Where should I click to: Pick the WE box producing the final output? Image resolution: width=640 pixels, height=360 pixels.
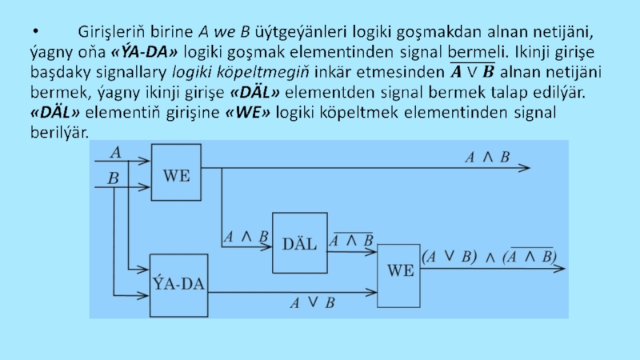point(400,270)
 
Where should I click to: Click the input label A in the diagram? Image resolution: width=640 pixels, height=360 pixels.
point(115,151)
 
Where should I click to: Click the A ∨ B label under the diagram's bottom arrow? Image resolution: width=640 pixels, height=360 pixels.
point(312,302)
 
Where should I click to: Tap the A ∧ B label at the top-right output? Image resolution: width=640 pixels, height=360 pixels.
point(488,158)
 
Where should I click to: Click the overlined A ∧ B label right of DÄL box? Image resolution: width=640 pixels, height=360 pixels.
point(352,239)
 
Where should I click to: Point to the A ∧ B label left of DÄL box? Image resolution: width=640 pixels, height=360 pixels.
point(245,237)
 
